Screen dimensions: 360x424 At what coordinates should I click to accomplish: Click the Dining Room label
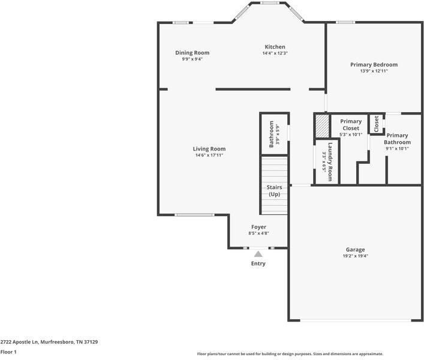click(192, 53)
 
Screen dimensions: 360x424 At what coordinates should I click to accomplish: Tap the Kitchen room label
click(275, 47)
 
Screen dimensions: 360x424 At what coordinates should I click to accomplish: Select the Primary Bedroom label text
click(374, 65)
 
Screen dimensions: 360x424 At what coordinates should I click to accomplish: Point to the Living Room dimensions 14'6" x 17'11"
click(209, 155)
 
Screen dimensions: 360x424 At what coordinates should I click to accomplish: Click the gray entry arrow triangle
click(258, 254)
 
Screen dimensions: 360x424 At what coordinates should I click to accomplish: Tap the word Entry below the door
click(258, 263)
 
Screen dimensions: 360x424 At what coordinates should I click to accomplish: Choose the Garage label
click(355, 250)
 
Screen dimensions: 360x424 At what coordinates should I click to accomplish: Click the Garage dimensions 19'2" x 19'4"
click(355, 256)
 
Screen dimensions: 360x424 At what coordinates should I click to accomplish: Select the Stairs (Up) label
click(274, 191)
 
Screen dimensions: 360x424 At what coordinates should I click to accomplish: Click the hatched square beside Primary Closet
click(322, 126)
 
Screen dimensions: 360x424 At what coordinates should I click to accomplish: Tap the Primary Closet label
click(351, 125)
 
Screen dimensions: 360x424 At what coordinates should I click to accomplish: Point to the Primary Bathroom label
click(397, 139)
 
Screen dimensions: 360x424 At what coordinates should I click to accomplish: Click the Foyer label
click(258, 227)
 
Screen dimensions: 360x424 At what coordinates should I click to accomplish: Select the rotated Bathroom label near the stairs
click(271, 134)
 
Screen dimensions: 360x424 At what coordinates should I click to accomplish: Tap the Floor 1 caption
click(8, 352)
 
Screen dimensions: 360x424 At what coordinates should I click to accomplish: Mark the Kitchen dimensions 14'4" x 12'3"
click(275, 53)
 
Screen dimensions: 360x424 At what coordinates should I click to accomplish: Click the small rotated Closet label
click(377, 124)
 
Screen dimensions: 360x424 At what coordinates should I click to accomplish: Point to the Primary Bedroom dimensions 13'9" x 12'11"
click(374, 71)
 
